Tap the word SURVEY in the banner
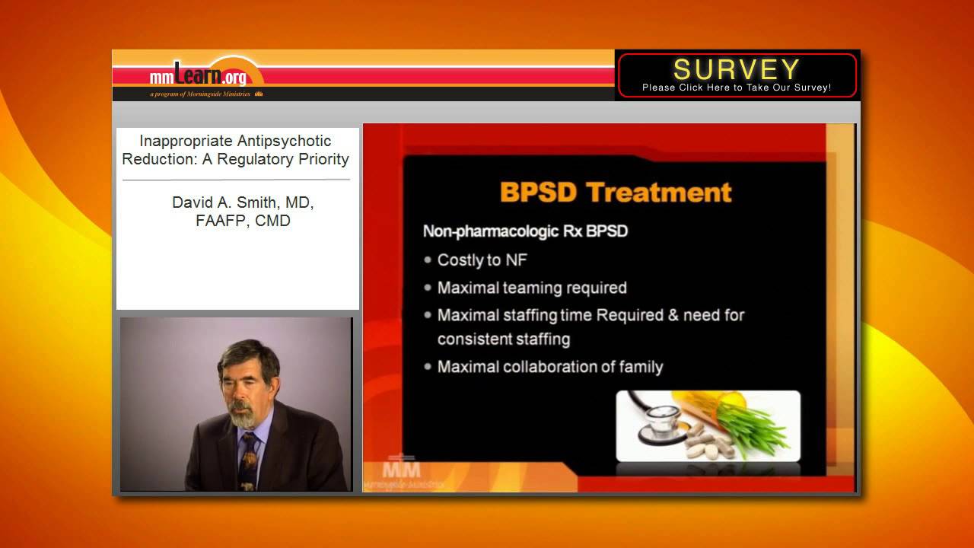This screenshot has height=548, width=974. (736, 69)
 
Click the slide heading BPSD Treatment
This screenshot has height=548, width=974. (616, 192)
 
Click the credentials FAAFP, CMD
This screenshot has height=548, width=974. (243, 221)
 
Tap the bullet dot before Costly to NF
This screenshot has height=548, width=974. (428, 260)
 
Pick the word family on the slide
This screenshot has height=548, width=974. (636, 367)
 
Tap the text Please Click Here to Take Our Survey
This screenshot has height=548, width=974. (736, 88)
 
